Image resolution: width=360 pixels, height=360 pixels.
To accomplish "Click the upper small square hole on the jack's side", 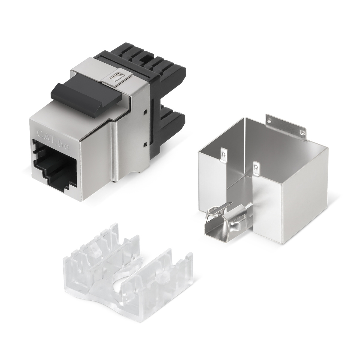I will pyautogui.click(x=145, y=112).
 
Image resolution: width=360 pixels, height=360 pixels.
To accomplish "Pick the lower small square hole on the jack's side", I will pyautogui.click(x=145, y=145).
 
